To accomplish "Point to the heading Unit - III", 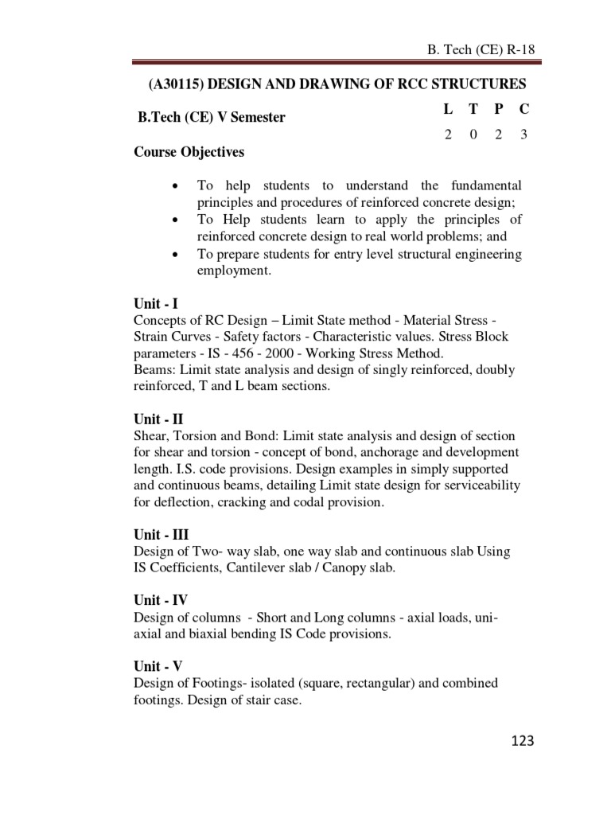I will [x=161, y=534].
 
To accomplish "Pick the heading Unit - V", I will [x=158, y=666].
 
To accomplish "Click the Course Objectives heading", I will [x=189, y=152].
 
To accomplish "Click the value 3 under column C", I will [x=523, y=135].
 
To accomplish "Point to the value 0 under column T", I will [x=473, y=135].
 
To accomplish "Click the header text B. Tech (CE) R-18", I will [x=481, y=49].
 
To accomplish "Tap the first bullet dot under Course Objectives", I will [x=174, y=186].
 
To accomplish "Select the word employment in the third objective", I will [x=234, y=271].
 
